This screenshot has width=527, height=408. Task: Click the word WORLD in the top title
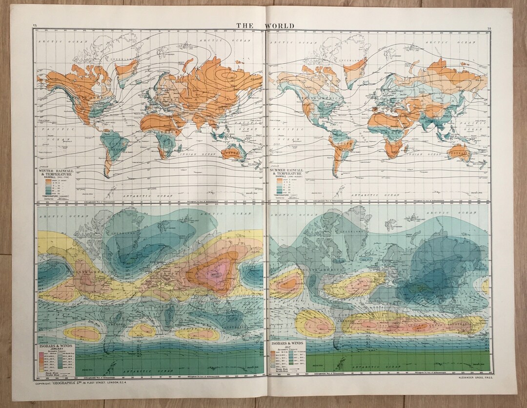pos(280,26)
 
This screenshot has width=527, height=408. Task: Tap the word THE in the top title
pos(245,26)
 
